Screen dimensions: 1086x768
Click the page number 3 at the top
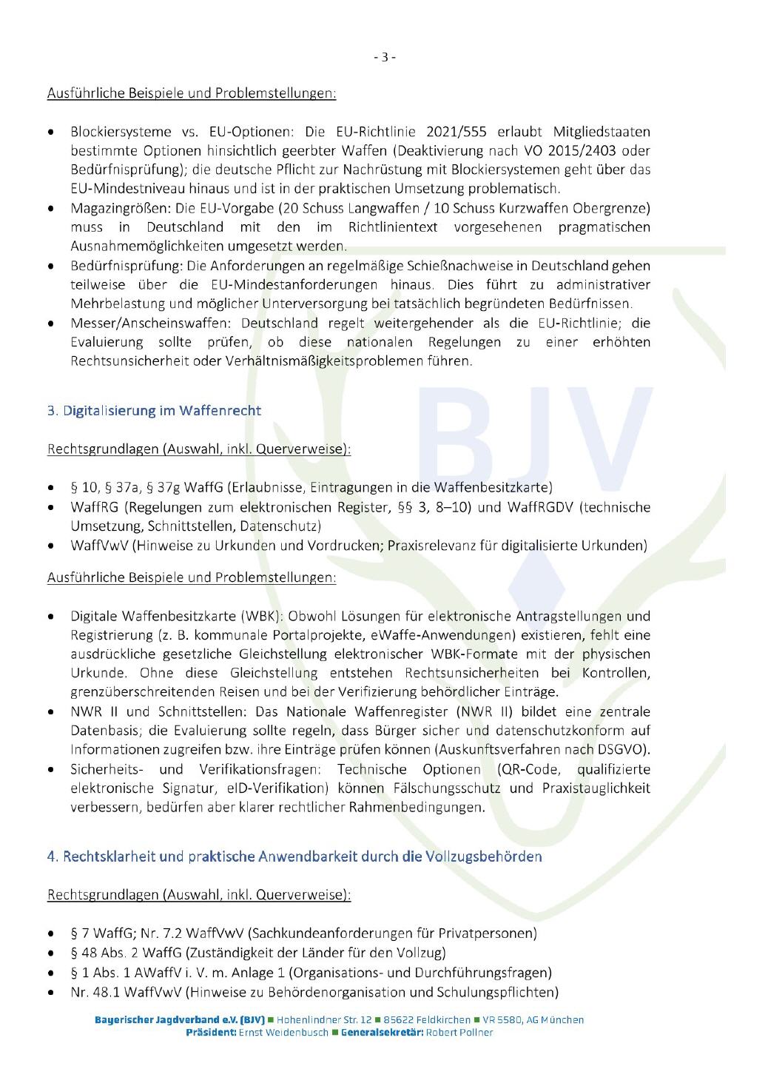point(384,57)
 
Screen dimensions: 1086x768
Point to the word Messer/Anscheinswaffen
point(138,324)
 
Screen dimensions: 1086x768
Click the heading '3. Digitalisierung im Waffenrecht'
point(154,410)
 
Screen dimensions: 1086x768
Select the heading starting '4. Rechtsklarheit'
point(294,857)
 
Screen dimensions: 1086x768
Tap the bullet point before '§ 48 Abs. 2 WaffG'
point(50,953)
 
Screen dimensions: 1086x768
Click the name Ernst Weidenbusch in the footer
point(283,1033)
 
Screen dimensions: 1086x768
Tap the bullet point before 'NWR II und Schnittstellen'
point(50,712)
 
